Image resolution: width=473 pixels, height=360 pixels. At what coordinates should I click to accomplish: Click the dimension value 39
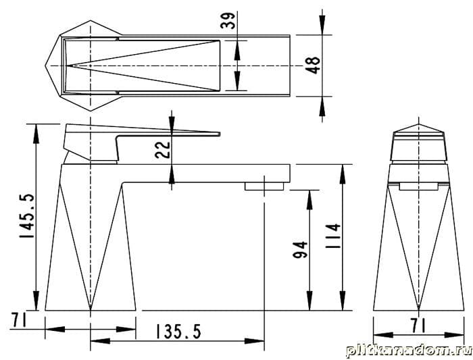point(228,20)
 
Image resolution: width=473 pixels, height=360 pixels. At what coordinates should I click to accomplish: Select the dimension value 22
point(163,150)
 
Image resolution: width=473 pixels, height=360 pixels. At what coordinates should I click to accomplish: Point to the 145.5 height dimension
point(26,216)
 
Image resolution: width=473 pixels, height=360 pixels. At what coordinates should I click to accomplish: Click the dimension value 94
point(300,249)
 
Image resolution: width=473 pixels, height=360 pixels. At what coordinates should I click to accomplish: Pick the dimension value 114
point(332,236)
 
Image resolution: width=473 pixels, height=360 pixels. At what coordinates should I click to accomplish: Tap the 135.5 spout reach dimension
point(178,332)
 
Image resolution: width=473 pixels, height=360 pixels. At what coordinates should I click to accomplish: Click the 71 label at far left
point(20,320)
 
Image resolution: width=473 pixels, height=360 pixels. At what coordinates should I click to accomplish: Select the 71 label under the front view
point(419,326)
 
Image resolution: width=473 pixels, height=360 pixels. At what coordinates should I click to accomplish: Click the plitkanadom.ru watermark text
point(409,351)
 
